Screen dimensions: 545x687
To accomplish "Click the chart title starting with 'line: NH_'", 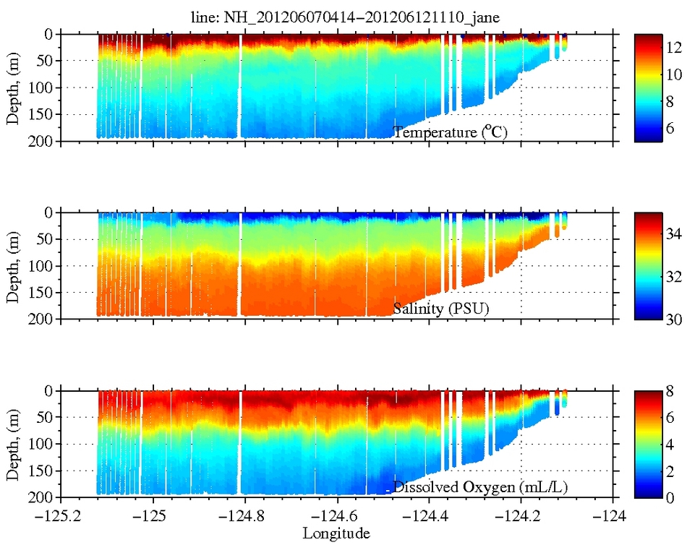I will tap(338, 17).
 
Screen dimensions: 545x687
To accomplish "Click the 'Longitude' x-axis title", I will tap(336, 533).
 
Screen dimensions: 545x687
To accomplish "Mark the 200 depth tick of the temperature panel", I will tap(43, 141).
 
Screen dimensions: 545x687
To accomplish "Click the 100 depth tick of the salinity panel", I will tap(43, 266).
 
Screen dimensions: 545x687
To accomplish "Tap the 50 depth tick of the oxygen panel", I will tap(46, 418).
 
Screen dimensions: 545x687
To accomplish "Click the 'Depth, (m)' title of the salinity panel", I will tap(13, 265).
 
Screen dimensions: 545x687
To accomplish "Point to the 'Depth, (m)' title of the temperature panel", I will tap(13, 87).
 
